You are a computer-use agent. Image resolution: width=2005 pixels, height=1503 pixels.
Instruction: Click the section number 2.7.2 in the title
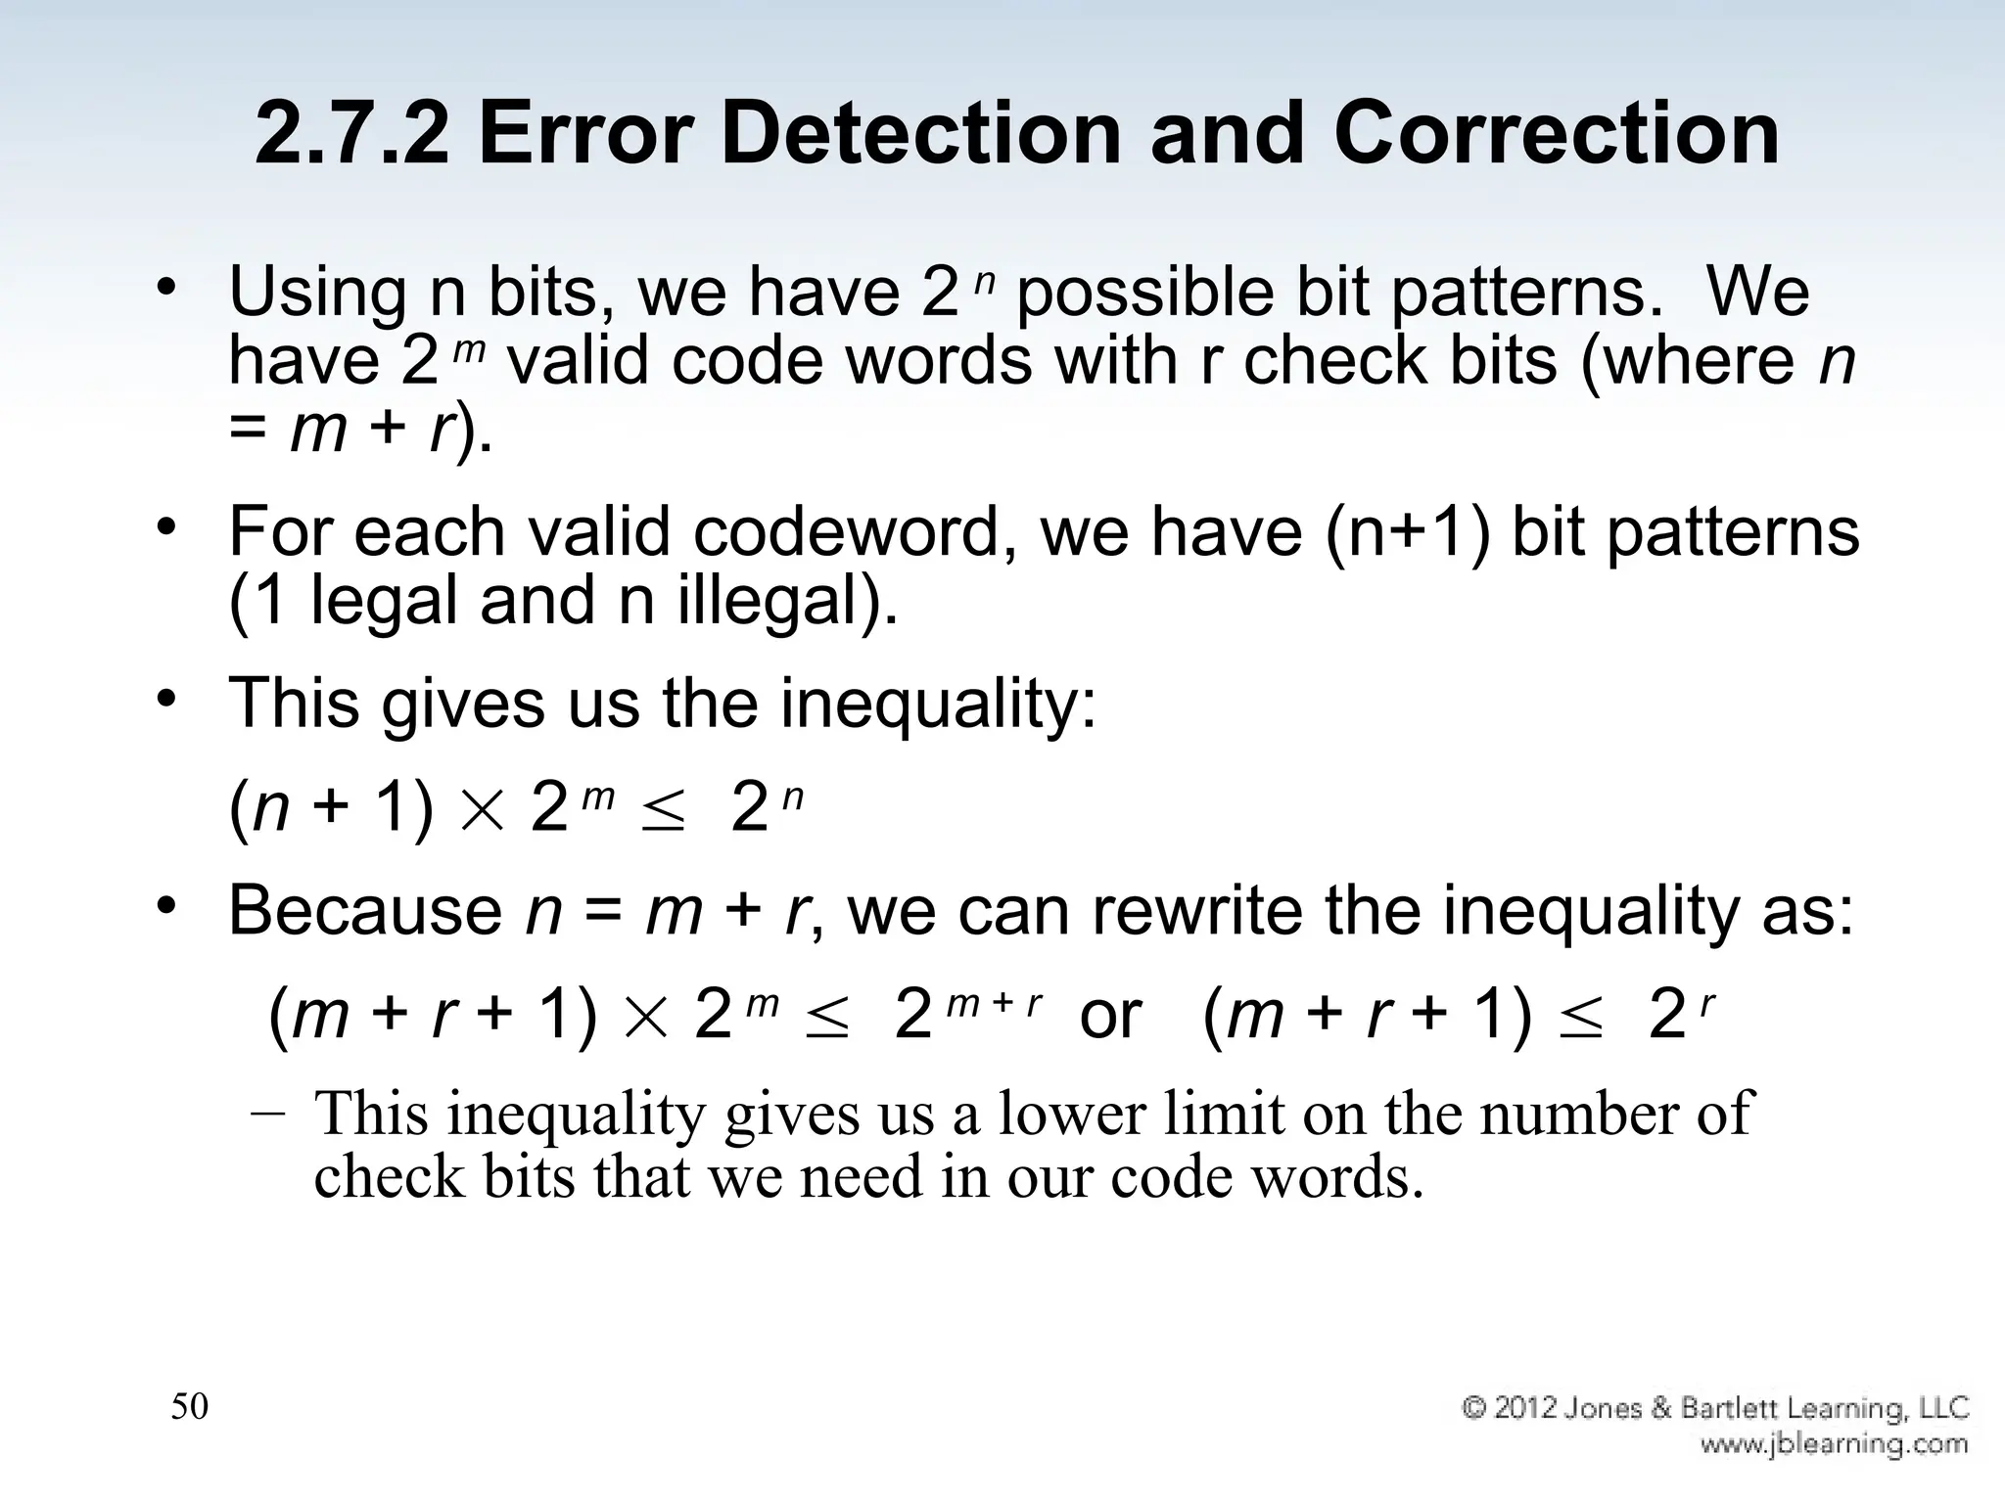[x=351, y=134]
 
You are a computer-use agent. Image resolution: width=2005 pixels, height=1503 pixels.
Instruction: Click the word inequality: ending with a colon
[x=939, y=704]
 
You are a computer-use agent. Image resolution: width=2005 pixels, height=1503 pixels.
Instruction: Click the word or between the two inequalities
[x=1110, y=1016]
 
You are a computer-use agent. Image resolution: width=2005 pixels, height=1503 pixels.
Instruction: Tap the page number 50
[x=189, y=1407]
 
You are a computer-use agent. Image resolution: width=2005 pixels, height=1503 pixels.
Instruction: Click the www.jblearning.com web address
[x=1834, y=1444]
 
